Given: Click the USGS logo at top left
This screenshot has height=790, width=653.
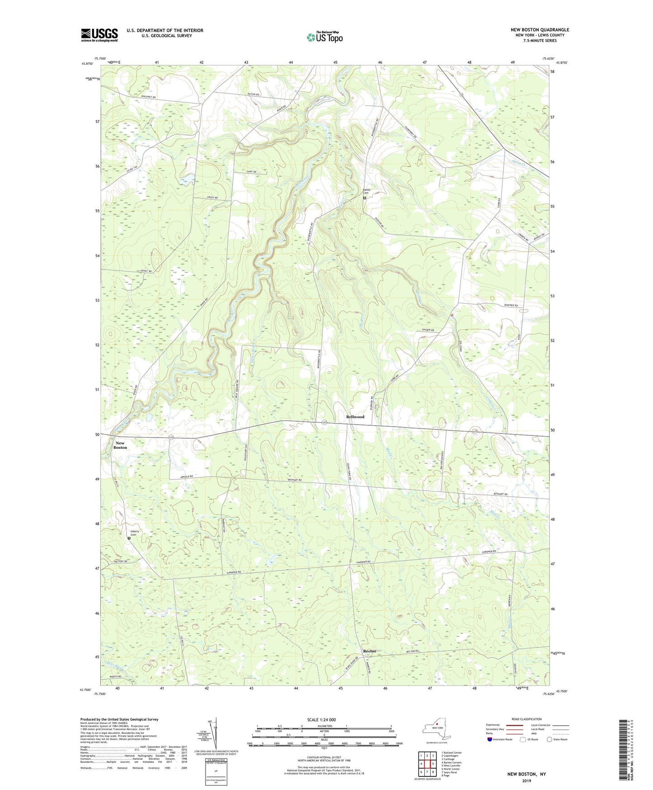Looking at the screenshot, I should point(99,35).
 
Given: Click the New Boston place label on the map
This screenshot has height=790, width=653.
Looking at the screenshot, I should point(120,445).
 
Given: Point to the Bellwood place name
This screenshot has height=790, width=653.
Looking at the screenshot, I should point(355,417).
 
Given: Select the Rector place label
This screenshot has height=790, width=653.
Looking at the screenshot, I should point(370,651).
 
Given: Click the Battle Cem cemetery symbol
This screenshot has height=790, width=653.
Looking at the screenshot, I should point(365,198).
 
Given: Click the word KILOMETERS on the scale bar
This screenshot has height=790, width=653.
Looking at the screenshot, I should point(324,726).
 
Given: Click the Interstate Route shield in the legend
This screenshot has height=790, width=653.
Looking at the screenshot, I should point(489,739).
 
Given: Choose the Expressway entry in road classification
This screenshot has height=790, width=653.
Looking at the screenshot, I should point(493,725).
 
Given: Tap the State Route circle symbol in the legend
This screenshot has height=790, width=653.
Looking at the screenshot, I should point(550,739).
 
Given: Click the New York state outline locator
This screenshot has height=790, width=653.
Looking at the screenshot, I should point(432,729).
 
